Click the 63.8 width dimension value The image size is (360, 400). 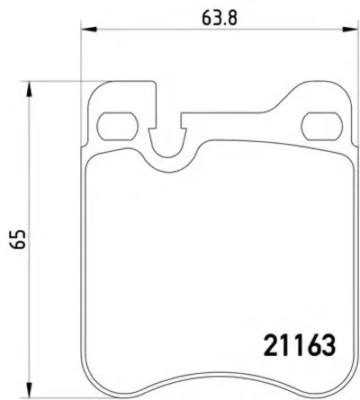[220, 17]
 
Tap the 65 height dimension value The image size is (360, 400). [17, 240]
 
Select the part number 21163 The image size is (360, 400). [300, 345]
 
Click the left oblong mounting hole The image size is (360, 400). [118, 126]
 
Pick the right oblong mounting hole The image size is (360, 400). [322, 126]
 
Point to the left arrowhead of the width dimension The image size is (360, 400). [89, 29]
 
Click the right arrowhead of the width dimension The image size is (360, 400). [350, 29]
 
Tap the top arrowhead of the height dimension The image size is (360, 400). [29, 89]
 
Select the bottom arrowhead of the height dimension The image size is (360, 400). [29, 390]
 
